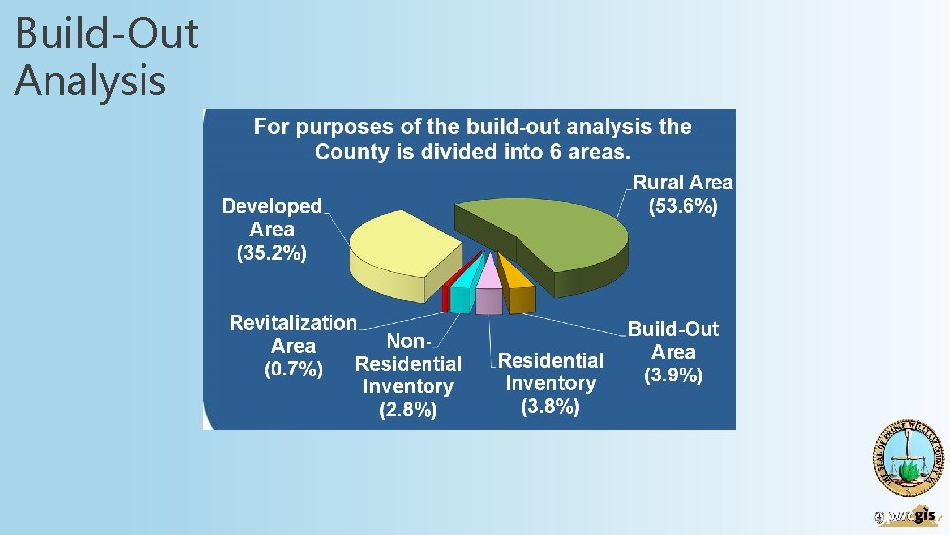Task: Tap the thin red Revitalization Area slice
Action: (447, 295)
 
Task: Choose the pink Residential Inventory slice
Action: (488, 293)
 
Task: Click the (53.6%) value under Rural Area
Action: (683, 207)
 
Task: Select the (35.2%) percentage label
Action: (272, 253)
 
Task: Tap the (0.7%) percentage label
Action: (293, 370)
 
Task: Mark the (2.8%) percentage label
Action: (408, 410)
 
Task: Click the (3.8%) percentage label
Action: (550, 406)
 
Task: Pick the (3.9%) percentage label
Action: (674, 375)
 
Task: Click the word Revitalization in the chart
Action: (293, 323)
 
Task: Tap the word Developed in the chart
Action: (271, 206)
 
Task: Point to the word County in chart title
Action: (347, 152)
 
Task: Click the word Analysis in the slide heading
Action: (90, 79)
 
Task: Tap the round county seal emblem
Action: (906, 458)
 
